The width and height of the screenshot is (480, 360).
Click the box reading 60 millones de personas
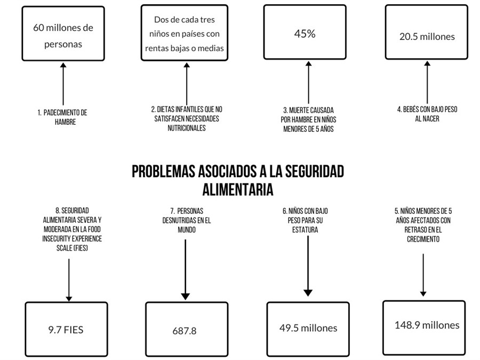(63, 34)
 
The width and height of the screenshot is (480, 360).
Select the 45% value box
(305, 32)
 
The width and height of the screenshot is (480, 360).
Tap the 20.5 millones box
(427, 32)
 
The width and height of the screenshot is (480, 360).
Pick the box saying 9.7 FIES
(67, 330)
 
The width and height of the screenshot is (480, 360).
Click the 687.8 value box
(187, 330)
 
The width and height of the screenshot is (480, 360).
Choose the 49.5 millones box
(308, 330)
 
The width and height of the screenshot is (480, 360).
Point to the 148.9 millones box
(424, 328)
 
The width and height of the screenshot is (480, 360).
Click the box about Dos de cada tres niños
(185, 33)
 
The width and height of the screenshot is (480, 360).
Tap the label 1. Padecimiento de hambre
(63, 117)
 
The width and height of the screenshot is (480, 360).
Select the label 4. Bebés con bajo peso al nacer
(427, 114)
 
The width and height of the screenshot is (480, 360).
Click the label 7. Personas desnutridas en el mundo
(187, 220)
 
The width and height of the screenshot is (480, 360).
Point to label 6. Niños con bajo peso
(305, 220)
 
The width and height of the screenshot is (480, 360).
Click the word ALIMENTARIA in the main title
(238, 189)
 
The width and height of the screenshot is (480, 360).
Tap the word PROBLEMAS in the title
(164, 171)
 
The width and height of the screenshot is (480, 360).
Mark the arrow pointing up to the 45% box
(309, 82)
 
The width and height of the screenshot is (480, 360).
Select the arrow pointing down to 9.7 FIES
(69, 280)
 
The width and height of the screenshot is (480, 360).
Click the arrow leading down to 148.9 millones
(423, 275)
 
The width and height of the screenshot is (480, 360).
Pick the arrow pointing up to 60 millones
(63, 84)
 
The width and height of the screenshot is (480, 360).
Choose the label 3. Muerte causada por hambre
(308, 119)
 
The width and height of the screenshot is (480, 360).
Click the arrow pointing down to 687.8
(185, 270)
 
